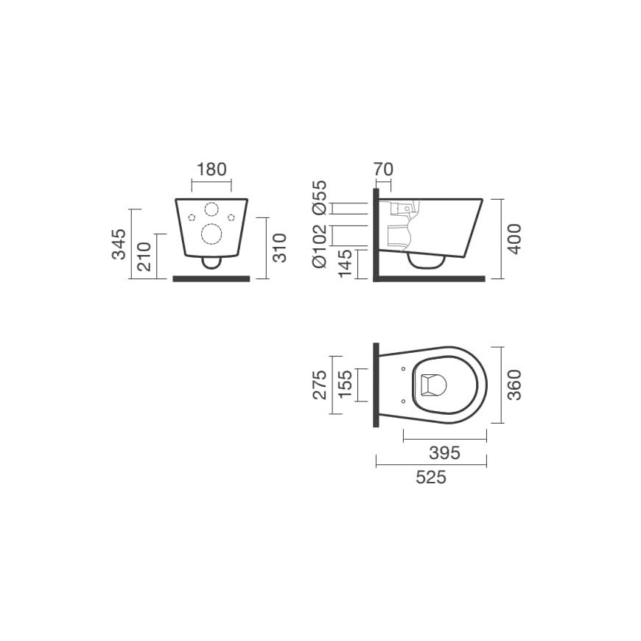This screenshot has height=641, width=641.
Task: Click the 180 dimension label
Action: (211, 169)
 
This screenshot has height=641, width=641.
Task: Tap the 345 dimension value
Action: (119, 244)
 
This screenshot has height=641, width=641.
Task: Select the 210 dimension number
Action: (144, 256)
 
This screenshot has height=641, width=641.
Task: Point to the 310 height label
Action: (280, 248)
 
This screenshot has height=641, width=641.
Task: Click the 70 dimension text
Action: (383, 169)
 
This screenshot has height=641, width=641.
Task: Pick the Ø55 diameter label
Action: (320, 197)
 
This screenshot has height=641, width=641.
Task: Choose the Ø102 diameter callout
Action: (320, 245)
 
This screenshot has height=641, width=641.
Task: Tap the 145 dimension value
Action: (345, 263)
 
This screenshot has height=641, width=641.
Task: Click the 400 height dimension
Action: (515, 239)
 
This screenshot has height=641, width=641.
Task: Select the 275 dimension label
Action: (319, 385)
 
